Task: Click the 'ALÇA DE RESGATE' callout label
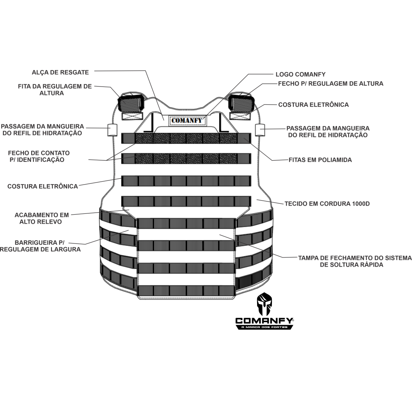click(x=60, y=72)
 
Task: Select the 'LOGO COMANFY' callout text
click(x=300, y=74)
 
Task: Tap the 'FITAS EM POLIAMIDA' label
click(x=320, y=160)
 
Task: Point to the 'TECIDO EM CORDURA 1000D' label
click(x=327, y=204)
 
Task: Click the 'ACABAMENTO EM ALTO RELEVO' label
click(x=41, y=218)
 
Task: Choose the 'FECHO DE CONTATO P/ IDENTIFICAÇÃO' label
click(x=39, y=156)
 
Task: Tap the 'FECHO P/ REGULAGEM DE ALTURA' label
click(x=330, y=84)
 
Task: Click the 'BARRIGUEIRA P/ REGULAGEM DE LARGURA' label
click(x=40, y=246)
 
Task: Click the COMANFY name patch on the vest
click(x=187, y=121)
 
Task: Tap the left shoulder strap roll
click(x=131, y=103)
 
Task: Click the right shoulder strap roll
click(x=241, y=103)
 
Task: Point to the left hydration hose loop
click(x=112, y=130)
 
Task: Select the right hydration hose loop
click(x=260, y=130)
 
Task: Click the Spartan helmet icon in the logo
click(x=265, y=304)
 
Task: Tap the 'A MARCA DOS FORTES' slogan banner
click(x=264, y=327)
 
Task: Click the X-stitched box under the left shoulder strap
click(x=132, y=116)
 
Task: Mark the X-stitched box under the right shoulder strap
click(x=240, y=116)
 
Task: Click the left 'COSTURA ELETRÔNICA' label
click(x=42, y=186)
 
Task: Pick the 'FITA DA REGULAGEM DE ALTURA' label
click(x=55, y=89)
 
